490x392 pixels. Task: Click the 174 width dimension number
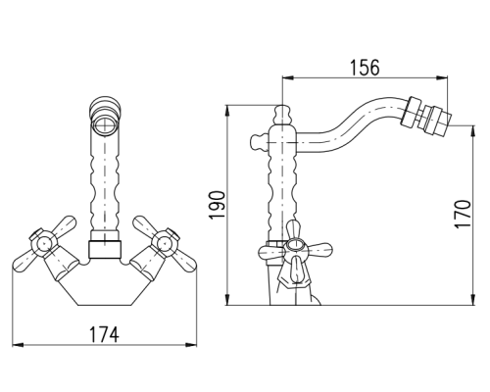coord(104,335)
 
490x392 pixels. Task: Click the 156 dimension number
coord(365,68)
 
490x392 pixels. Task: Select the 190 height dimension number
coord(218,205)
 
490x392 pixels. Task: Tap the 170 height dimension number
coord(463,215)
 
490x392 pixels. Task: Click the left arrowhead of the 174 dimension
coord(18,345)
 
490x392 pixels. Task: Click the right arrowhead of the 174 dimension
coord(191,345)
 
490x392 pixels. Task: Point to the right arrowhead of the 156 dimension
coord(442,77)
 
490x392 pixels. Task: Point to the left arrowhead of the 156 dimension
coord(288,77)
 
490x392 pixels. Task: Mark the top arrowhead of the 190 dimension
coord(227,111)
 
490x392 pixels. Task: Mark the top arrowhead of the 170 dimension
coord(473,131)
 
